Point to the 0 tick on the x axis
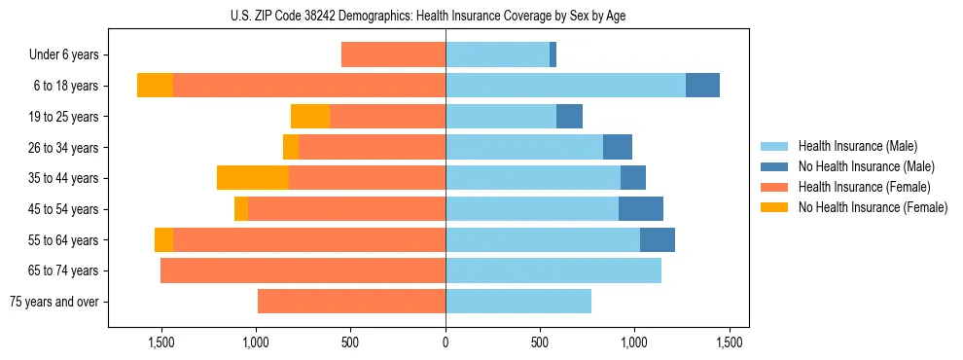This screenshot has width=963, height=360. pyautogui.click(x=446, y=342)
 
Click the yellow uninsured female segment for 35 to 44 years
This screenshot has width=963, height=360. pyautogui.click(x=253, y=178)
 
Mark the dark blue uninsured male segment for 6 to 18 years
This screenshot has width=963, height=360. pyautogui.click(x=702, y=86)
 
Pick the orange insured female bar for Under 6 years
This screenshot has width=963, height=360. pyautogui.click(x=393, y=55)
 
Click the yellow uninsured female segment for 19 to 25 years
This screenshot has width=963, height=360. pyautogui.click(x=310, y=117)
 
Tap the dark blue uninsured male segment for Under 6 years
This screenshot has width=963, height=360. pyautogui.click(x=553, y=55)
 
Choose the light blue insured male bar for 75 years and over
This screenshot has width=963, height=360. pyautogui.click(x=518, y=302)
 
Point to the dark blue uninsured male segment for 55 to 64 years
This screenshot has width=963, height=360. pyautogui.click(x=658, y=240)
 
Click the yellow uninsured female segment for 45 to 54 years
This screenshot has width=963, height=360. pyautogui.click(x=241, y=209)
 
